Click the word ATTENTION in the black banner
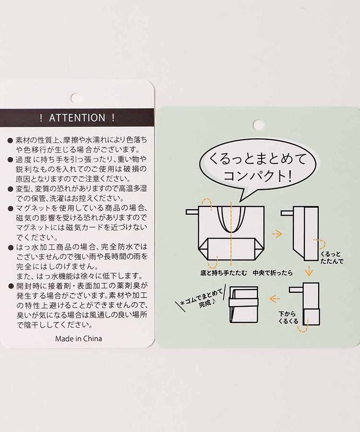tap(77, 118)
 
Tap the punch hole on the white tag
tap(76, 97)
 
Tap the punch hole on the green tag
tap(259, 125)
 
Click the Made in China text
tap(78, 338)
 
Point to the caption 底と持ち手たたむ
tap(224, 273)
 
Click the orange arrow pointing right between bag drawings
tap(276, 234)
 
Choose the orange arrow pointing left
tap(275, 299)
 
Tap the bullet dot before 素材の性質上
tap(10, 140)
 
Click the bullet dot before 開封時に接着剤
tap(10, 286)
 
